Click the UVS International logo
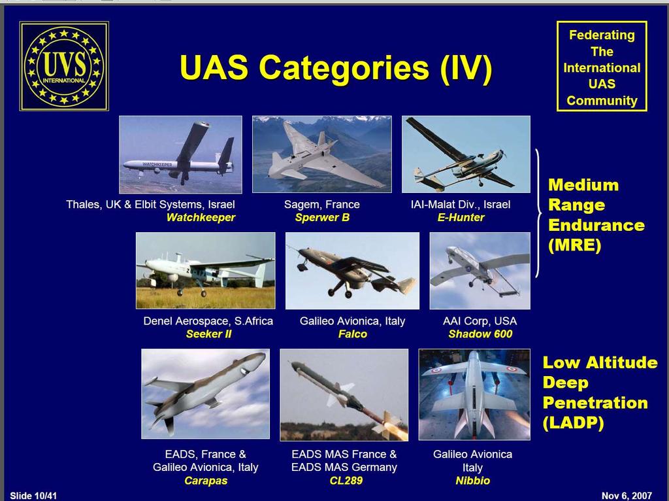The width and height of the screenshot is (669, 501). [x=64, y=66]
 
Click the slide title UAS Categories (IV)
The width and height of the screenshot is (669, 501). [x=336, y=67]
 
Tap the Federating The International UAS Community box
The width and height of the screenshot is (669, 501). [x=602, y=66]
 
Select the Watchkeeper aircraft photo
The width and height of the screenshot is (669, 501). [x=180, y=154]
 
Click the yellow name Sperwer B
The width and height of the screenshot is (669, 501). [x=322, y=217]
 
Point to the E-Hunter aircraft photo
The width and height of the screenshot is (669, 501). [x=466, y=154]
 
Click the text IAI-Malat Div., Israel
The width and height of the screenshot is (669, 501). [x=461, y=205]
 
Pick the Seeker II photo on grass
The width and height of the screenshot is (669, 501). [x=206, y=270]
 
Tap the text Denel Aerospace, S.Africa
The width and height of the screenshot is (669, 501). [x=208, y=320]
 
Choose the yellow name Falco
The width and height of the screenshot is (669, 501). [x=352, y=334]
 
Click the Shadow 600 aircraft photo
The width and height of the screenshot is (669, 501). [x=480, y=271]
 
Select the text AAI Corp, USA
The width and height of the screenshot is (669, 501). [x=480, y=320]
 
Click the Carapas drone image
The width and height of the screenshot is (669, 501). [x=206, y=394]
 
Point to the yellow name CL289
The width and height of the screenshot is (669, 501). [x=346, y=481]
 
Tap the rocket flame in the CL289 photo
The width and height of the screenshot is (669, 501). [x=395, y=429]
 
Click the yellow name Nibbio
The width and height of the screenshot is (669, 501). [x=473, y=481]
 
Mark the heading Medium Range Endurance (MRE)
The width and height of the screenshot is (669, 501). [x=596, y=215]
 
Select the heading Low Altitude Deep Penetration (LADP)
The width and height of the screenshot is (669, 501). [x=600, y=392]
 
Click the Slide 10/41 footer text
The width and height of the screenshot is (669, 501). [x=33, y=496]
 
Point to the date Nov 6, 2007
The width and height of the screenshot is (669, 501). [x=627, y=496]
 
